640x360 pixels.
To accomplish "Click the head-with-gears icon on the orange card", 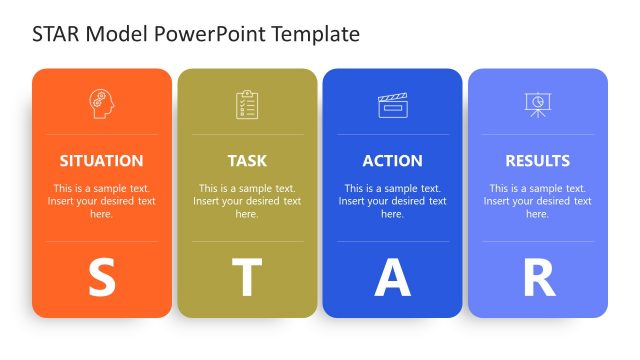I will [101, 104].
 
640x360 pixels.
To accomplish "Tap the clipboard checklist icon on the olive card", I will [247, 104].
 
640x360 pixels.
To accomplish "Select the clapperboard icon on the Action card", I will [392, 104].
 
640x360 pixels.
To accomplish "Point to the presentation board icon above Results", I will [537, 104].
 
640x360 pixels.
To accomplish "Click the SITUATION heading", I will [101, 161].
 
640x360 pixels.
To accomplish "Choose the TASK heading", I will [247, 161].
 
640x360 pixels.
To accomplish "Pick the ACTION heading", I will [392, 161].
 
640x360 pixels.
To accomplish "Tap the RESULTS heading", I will [537, 161].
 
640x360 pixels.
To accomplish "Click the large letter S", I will [101, 279].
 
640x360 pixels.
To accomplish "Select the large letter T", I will [247, 279].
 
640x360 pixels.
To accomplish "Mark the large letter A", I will [392, 279].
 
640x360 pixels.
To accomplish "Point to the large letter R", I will [538, 279].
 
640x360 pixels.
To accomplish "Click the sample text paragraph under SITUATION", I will [101, 201].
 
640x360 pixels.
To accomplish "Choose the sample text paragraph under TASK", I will [247, 201].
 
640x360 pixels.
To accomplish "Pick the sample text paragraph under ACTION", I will [392, 201].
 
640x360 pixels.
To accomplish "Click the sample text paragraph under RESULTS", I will [537, 201].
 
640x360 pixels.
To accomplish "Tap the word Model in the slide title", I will [118, 35].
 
